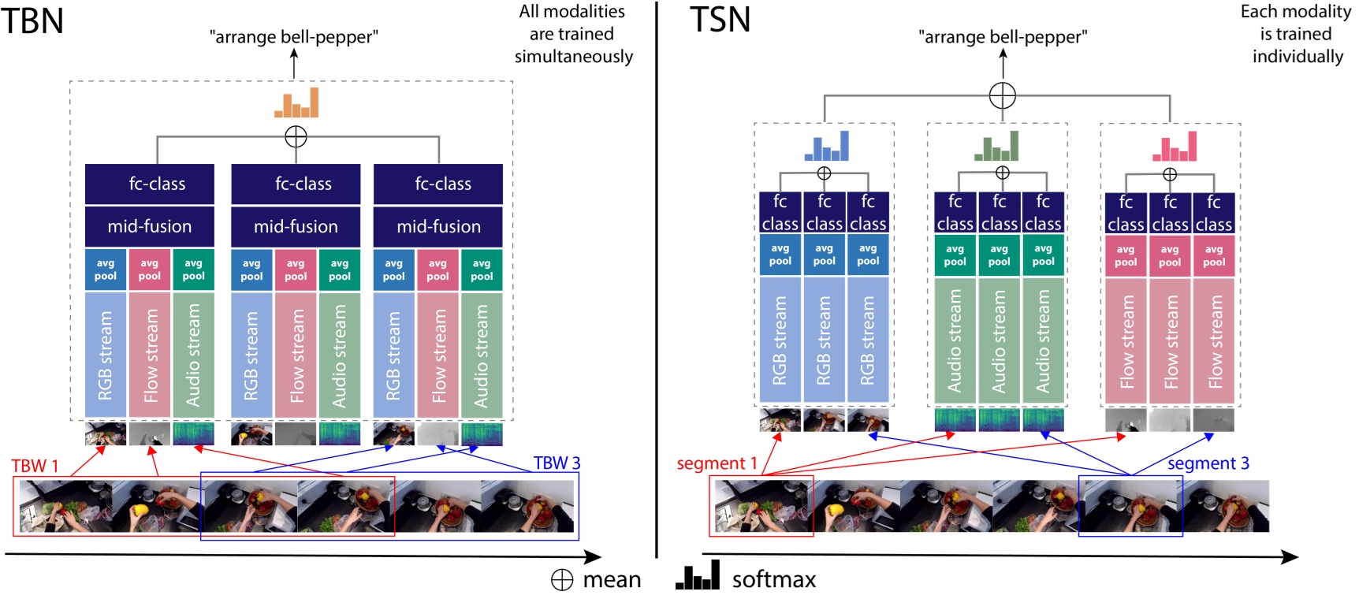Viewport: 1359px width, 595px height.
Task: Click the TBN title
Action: coord(33,20)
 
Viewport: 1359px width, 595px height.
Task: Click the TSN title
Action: coord(720,20)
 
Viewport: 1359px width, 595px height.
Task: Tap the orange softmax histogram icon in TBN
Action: coord(296,103)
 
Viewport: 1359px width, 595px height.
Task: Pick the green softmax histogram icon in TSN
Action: coord(996,147)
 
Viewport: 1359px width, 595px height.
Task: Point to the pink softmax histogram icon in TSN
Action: coord(1175,147)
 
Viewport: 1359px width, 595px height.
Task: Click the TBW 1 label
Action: coord(35,466)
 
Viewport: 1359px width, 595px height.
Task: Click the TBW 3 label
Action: coord(557,463)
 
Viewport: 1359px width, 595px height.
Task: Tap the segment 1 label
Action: coord(717,463)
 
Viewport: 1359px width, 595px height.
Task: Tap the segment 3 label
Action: coord(1208,463)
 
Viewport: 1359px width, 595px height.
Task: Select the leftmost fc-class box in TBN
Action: coord(150,184)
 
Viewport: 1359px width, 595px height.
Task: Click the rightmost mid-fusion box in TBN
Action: coord(438,227)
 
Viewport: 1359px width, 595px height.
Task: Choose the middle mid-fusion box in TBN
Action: coord(296,227)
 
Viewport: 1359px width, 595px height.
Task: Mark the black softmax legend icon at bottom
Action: coord(698,576)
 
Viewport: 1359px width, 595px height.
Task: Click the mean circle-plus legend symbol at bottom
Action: coord(562,580)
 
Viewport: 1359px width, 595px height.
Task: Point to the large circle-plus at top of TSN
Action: coord(1002,95)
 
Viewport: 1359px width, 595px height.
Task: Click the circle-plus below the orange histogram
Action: coord(296,137)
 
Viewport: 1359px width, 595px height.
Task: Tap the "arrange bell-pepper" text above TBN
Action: coord(293,37)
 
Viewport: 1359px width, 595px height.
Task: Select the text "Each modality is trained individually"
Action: coord(1296,34)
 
